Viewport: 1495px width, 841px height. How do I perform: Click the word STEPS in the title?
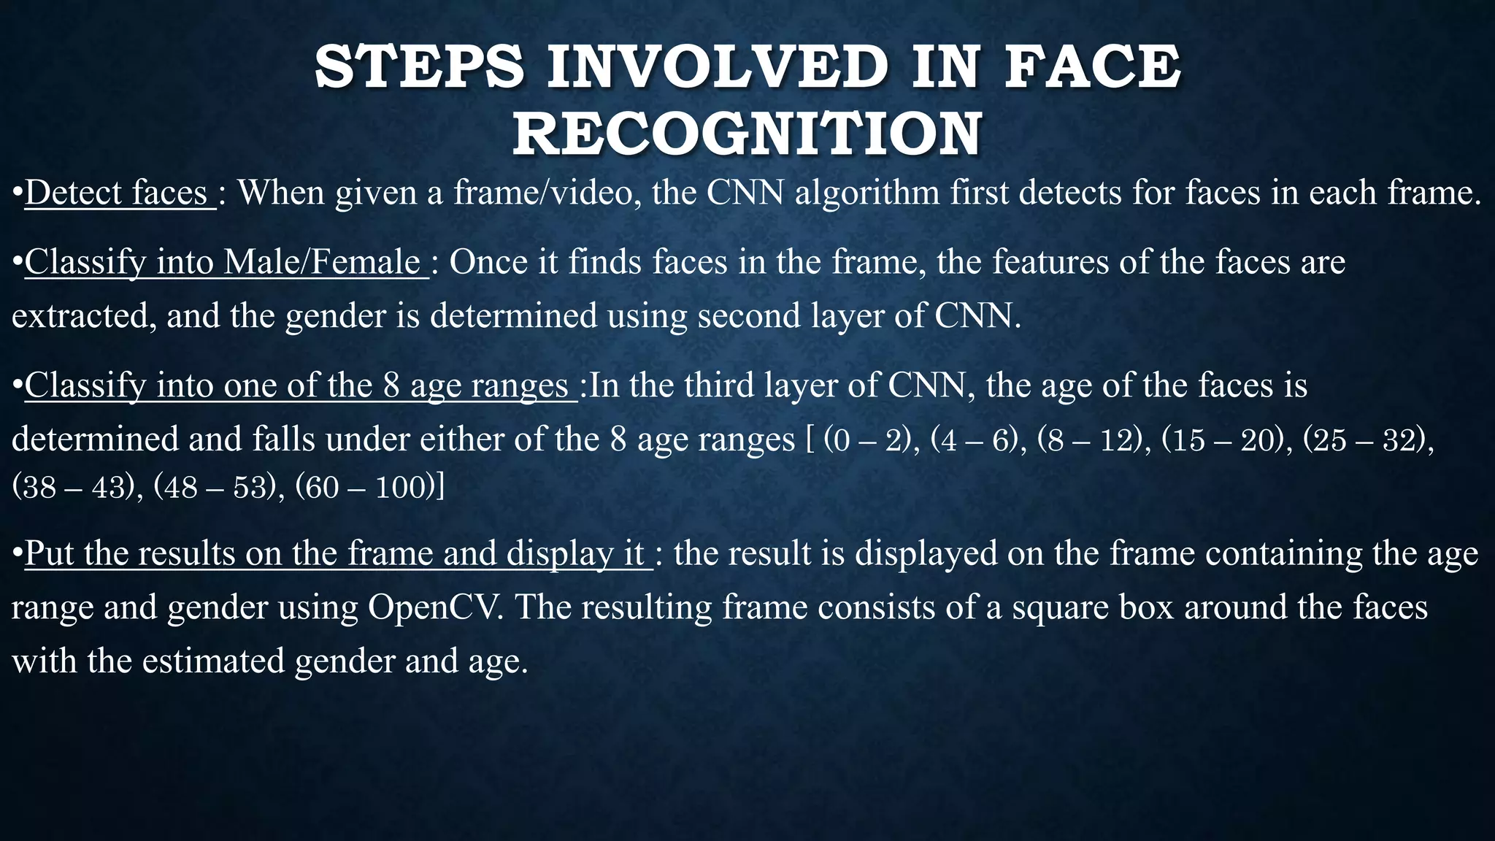419,67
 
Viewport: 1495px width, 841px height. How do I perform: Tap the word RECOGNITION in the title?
747,134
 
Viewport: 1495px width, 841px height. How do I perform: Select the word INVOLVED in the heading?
718,67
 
